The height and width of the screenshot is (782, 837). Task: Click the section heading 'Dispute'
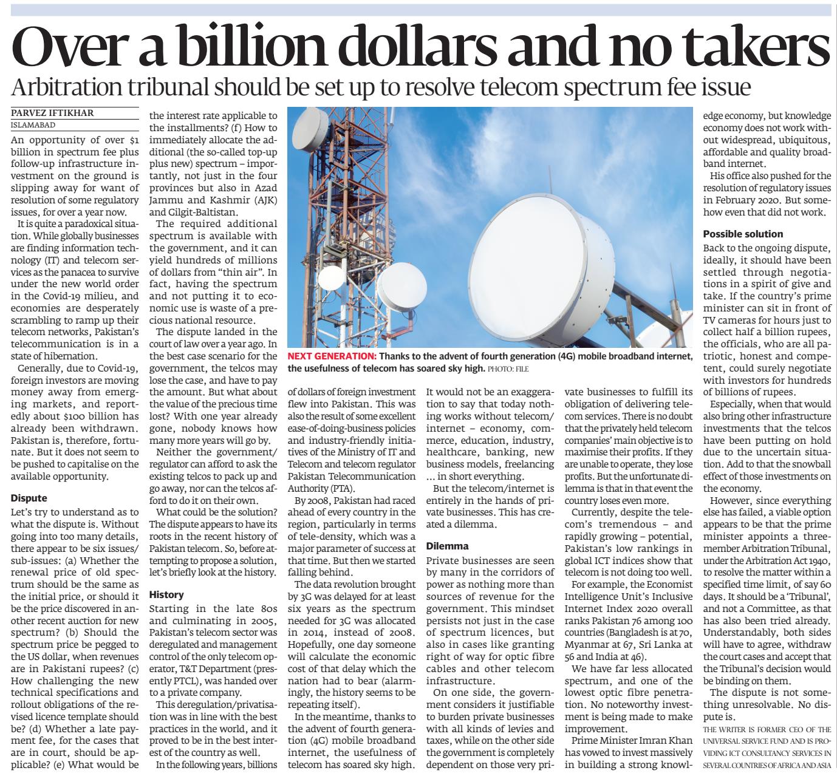(x=29, y=498)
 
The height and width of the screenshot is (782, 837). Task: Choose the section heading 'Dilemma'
(x=448, y=546)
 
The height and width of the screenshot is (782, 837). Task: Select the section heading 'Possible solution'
(x=743, y=234)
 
